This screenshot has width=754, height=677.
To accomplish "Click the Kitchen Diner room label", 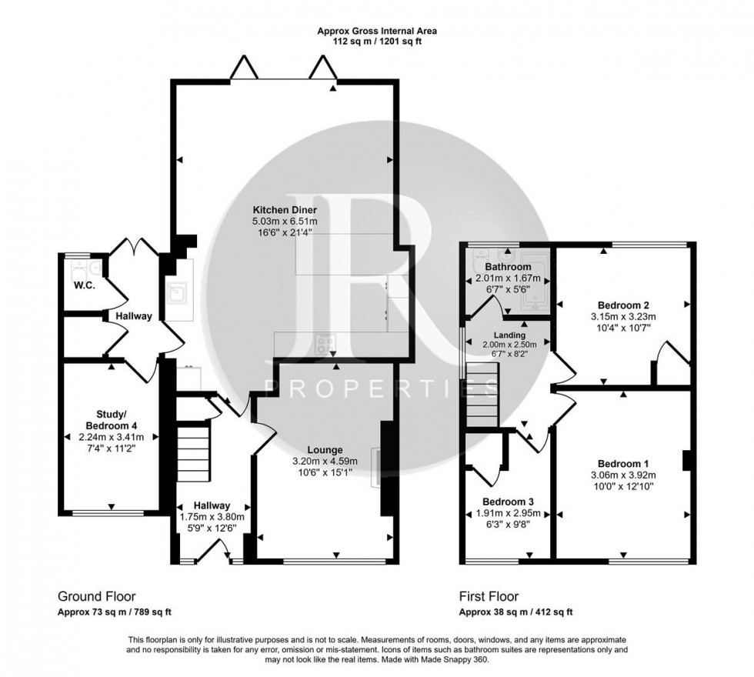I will click(288, 209).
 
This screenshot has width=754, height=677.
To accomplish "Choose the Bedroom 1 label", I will click(623, 464).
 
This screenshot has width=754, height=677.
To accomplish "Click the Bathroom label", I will click(504, 267).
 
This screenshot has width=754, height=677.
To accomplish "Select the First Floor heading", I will click(489, 596).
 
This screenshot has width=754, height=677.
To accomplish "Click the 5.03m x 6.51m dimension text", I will click(288, 222).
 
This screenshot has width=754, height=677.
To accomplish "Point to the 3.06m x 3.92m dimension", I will click(623, 475).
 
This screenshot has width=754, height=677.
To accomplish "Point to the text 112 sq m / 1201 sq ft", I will click(377, 42).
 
